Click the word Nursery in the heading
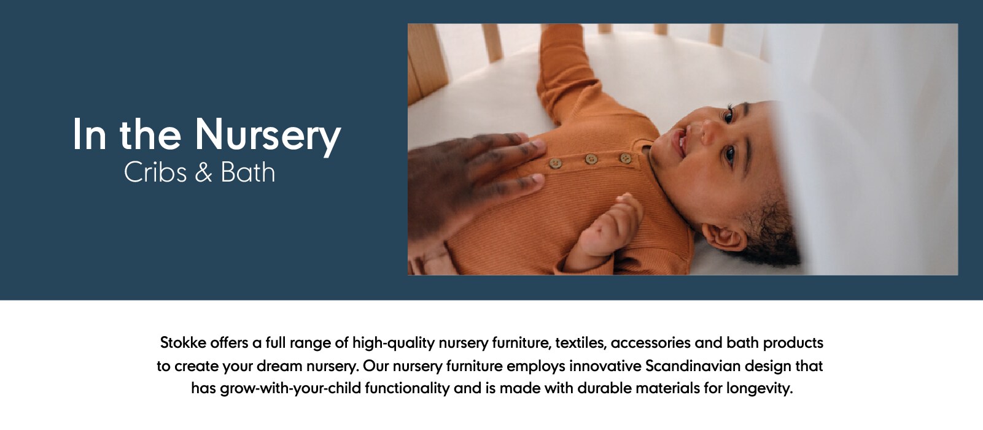[x=268, y=135]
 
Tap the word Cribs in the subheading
[x=155, y=172]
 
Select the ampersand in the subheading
[x=204, y=172]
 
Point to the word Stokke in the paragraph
[x=183, y=342]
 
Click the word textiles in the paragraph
[x=581, y=343]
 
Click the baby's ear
[x=724, y=237]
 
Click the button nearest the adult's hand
[x=556, y=163]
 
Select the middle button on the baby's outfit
[x=591, y=159]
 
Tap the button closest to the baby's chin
[x=625, y=158]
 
